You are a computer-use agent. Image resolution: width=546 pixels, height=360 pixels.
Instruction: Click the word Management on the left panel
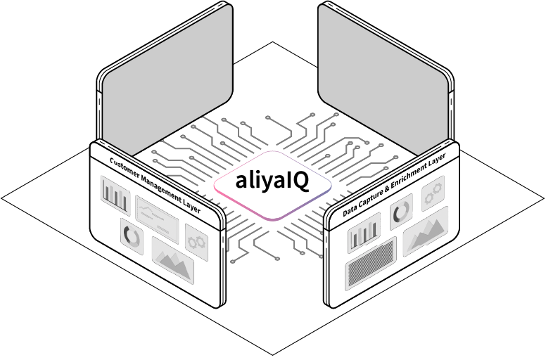pos(163,187)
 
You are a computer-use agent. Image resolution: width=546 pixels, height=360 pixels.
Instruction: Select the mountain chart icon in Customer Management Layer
pos(172,261)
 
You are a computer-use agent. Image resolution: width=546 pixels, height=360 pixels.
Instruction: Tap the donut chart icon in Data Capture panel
pos(401,212)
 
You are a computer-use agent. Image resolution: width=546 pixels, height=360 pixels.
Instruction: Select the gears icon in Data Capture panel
pos(433,191)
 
